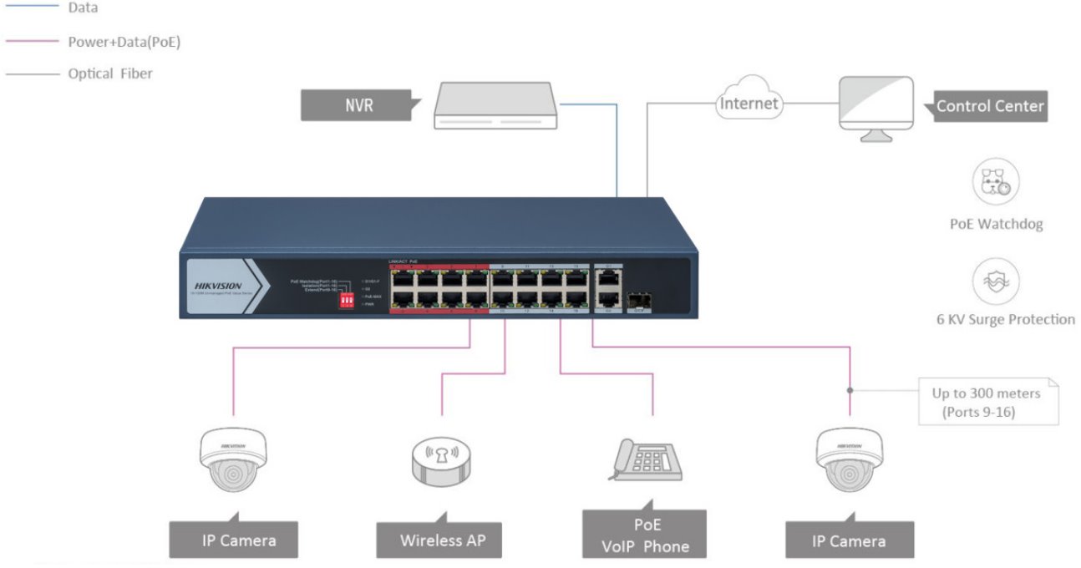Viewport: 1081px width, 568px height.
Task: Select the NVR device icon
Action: [494, 105]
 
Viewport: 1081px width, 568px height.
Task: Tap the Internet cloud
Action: [749, 104]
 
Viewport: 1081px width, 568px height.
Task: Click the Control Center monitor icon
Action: [875, 107]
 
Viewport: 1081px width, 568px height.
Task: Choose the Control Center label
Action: [989, 106]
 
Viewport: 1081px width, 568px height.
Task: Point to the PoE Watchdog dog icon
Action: [996, 182]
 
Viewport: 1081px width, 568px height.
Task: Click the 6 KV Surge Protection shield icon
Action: [996, 281]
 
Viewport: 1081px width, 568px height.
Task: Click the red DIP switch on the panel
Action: [343, 298]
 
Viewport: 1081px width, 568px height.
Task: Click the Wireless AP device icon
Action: [442, 459]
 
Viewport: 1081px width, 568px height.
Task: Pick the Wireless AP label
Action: [442, 540]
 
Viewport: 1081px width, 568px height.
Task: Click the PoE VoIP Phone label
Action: [645, 535]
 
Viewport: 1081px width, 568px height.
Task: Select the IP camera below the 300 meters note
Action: [849, 459]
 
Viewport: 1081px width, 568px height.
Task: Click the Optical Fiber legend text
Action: [110, 74]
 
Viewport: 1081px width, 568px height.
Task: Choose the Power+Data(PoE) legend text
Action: [124, 41]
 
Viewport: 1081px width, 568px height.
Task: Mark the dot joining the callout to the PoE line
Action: [850, 390]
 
